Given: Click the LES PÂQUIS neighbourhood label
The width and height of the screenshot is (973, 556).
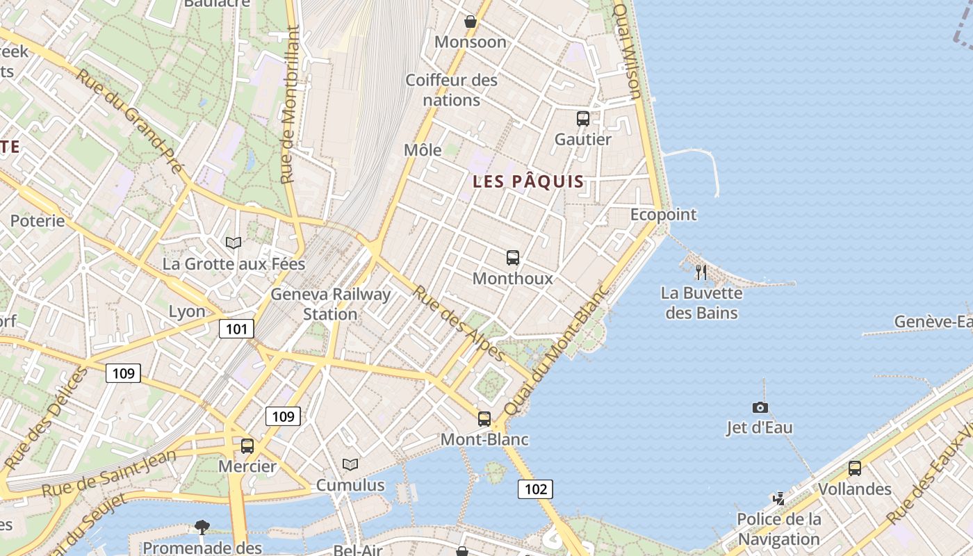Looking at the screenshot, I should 528,182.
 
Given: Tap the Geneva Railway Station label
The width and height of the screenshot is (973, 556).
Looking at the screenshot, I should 330,304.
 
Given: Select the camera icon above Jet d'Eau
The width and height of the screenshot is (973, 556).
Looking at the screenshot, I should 760,408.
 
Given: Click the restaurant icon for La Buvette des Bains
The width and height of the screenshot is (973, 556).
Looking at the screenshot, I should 701,272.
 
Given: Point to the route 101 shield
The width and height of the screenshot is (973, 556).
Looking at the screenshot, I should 236,329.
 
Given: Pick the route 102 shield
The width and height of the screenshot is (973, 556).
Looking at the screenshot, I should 535,489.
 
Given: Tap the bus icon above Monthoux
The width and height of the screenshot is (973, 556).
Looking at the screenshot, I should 513,258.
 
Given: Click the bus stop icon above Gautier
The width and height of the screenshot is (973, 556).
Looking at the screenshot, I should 582,119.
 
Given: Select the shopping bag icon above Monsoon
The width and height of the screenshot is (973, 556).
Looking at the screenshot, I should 471,22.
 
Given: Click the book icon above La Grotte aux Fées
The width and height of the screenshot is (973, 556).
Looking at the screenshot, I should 234,243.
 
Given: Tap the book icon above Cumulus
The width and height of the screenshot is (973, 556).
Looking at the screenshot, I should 350,464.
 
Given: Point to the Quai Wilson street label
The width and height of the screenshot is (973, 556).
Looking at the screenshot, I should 628,51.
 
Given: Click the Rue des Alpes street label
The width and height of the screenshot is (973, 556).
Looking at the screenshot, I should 459,323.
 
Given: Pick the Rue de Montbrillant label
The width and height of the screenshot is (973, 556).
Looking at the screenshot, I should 291,104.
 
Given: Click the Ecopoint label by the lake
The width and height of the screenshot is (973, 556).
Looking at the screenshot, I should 663,215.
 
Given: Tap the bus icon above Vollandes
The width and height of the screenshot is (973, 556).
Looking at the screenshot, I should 854,468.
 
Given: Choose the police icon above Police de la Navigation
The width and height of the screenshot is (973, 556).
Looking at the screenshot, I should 779,498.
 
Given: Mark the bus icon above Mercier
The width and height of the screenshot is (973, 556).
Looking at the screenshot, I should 247,446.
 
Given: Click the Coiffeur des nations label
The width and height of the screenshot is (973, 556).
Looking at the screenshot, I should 452,90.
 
